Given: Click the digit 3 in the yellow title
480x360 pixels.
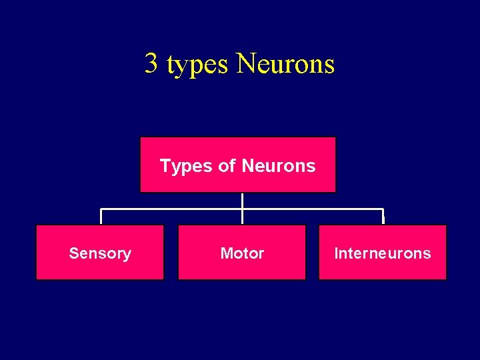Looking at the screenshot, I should tap(152, 64).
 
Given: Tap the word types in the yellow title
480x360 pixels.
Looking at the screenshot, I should tap(198, 65).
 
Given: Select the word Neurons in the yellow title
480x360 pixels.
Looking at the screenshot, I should tap(285, 64).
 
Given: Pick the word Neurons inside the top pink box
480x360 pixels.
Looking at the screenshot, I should tap(279, 165).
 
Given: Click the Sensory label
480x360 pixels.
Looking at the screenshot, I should tap(100, 253).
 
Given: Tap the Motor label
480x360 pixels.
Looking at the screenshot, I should tap(242, 253).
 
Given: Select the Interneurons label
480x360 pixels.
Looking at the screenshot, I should tap(383, 253).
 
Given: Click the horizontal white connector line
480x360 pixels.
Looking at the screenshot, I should tap(173, 209).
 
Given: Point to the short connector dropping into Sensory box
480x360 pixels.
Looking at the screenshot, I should tap(101, 217).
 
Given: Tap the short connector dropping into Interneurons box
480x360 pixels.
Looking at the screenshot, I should tap(383, 217).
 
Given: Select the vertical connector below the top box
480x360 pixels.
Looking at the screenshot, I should tap(242, 200).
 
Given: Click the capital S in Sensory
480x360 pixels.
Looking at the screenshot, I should tap(73, 253).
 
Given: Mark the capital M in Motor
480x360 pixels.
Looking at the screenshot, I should tap(225, 253).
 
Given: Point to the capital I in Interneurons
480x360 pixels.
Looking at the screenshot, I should tap(335, 253).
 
